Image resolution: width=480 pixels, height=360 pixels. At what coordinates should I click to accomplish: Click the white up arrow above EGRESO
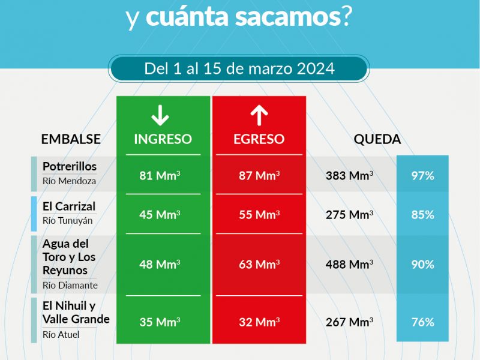[259, 115]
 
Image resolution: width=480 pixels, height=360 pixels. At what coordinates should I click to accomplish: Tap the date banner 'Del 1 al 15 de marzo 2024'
[239, 68]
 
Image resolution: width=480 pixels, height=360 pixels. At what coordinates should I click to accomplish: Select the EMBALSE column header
[71, 139]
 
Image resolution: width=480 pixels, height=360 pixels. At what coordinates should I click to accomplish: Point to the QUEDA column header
[377, 139]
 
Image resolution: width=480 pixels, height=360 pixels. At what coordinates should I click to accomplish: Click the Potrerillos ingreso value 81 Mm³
[160, 176]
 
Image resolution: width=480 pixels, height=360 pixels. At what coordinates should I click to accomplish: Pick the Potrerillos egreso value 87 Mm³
[259, 176]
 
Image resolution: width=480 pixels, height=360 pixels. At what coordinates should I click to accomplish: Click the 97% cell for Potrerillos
[422, 176]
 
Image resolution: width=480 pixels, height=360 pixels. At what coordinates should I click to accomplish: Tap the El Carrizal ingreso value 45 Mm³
[160, 214]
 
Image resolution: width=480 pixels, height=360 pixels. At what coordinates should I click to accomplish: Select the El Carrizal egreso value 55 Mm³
[259, 214]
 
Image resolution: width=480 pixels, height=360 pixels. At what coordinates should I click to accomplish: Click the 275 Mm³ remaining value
[349, 214]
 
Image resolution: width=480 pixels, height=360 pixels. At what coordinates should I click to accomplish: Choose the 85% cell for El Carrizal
[422, 214]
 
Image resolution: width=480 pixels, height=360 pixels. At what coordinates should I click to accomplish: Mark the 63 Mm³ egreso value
[259, 264]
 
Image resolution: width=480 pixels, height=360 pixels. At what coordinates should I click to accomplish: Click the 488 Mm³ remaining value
[349, 264]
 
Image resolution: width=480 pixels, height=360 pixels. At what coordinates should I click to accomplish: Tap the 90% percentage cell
[422, 264]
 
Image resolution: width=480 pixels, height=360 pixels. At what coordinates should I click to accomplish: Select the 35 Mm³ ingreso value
[160, 322]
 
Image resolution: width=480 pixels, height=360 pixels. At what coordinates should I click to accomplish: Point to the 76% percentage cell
[422, 322]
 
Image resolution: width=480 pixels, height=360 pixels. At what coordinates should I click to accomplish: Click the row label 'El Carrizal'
[69, 206]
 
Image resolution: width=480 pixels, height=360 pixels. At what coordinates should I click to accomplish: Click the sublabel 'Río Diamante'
[70, 286]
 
